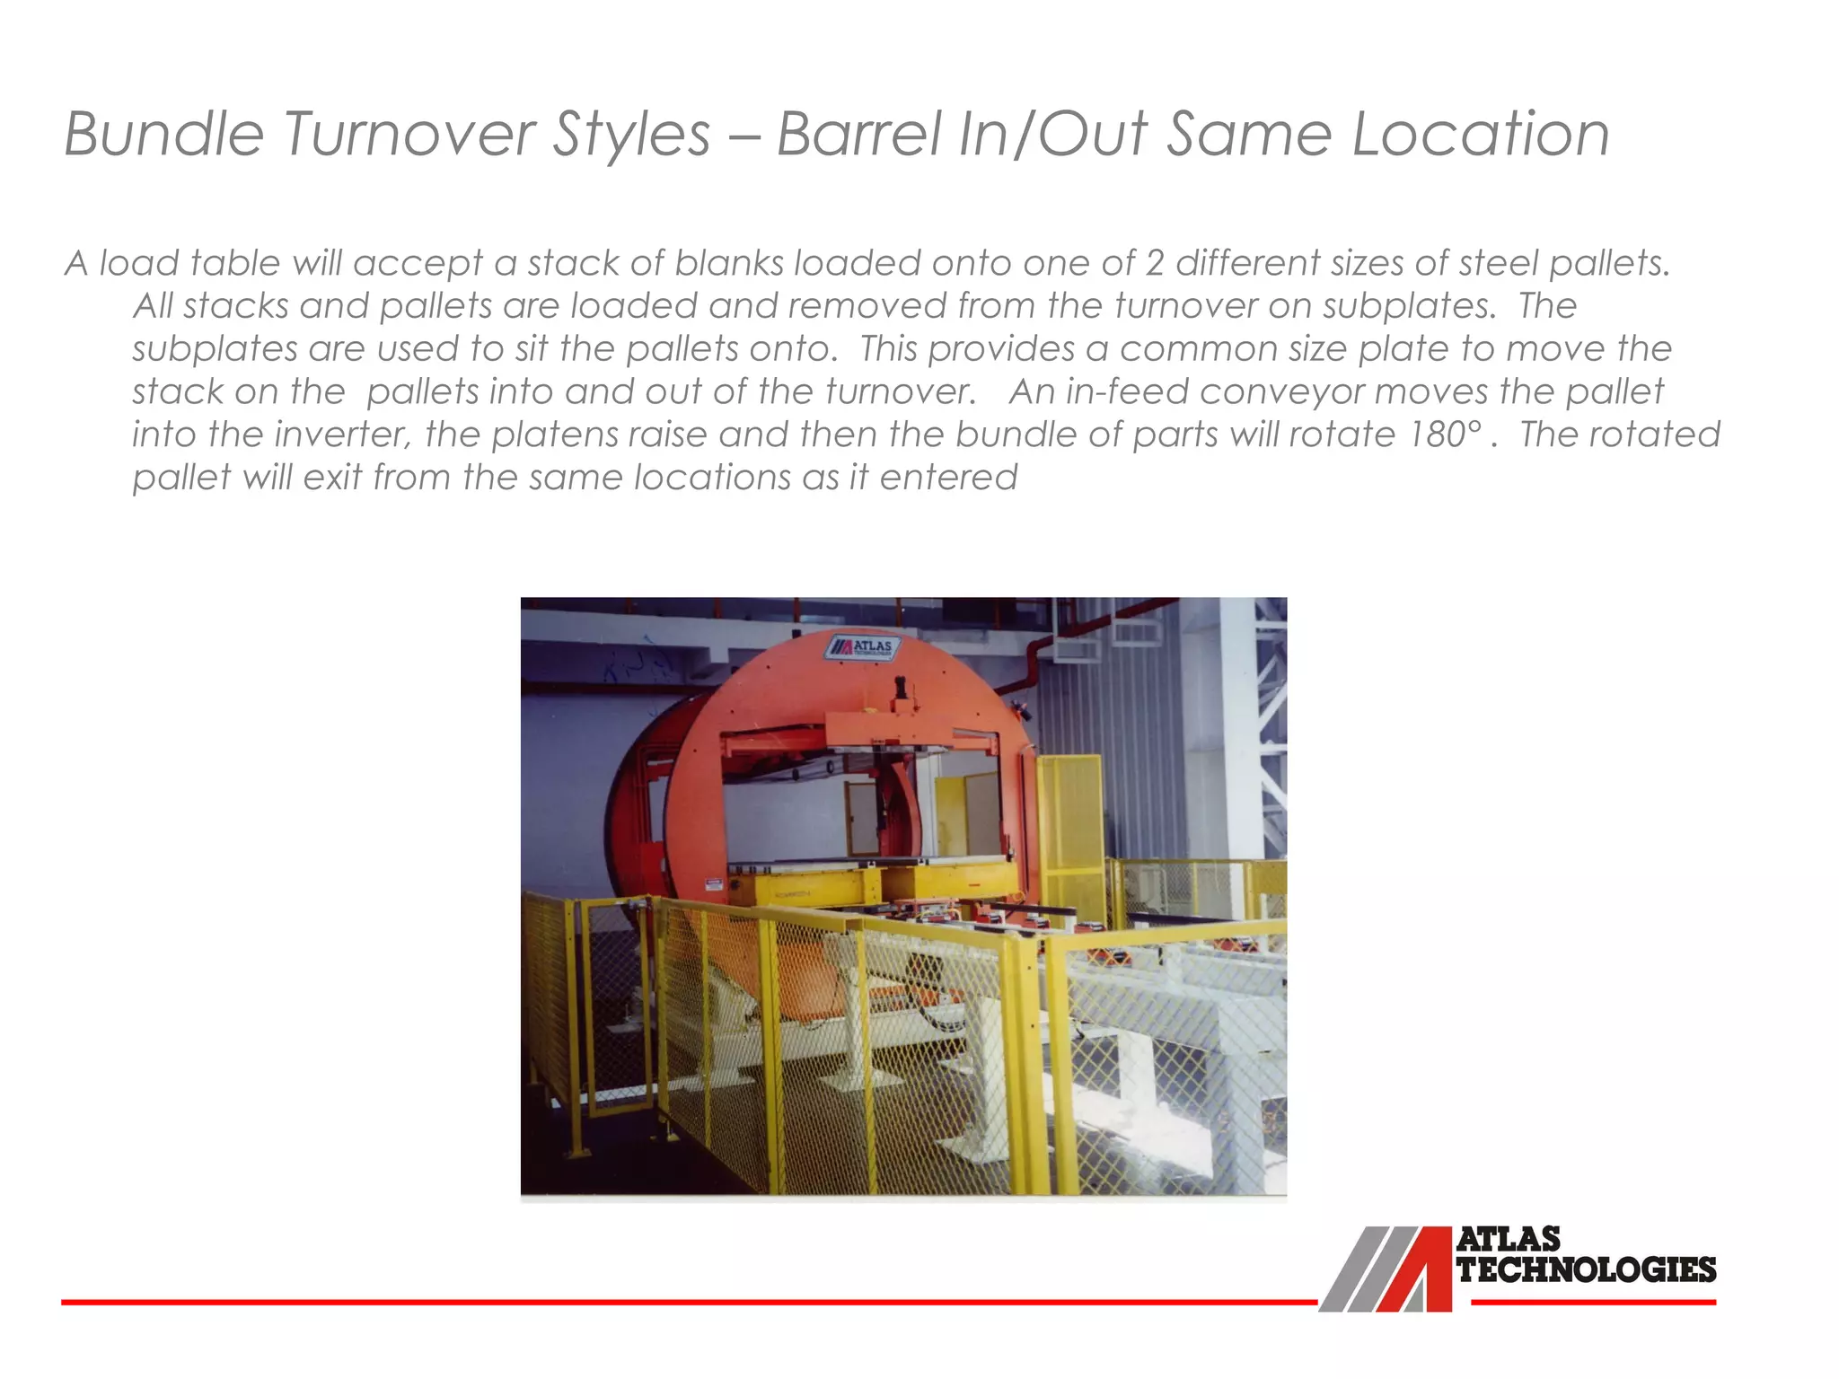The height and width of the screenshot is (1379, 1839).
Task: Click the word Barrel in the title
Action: pos(858,135)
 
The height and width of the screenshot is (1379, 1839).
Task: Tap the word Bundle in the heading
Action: pos(163,135)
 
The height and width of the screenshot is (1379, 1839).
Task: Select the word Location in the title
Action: pos(1481,135)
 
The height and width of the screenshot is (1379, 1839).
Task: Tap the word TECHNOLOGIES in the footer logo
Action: pos(1587,1269)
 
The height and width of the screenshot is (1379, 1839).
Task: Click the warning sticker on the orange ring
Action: pos(713,885)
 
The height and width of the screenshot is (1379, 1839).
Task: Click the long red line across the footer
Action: pos(682,1301)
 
